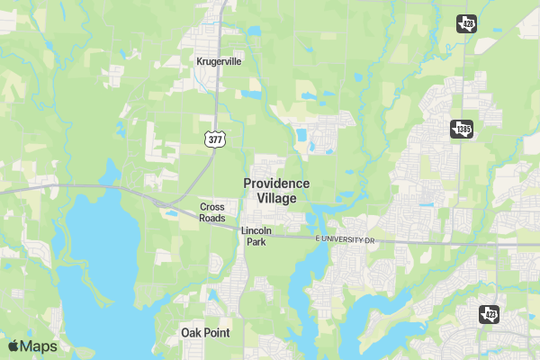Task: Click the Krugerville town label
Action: click(x=219, y=62)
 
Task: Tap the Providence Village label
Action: click(x=276, y=191)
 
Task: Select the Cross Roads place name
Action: click(x=212, y=212)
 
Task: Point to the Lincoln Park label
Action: click(x=256, y=237)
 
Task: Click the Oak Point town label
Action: click(x=205, y=333)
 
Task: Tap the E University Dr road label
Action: click(x=344, y=240)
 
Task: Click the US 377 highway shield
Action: click(x=214, y=139)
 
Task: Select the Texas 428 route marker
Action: click(x=466, y=23)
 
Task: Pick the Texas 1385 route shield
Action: click(x=461, y=130)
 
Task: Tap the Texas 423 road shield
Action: click(x=489, y=314)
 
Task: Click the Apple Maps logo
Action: click(x=32, y=346)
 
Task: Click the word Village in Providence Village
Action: click(x=276, y=198)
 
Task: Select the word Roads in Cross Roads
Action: click(x=212, y=218)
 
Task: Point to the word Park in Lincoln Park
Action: click(x=256, y=242)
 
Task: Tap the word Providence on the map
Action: click(x=276, y=184)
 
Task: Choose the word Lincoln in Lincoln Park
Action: click(x=256, y=231)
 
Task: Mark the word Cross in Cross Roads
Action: click(x=212, y=207)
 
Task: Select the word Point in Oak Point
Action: click(x=217, y=333)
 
